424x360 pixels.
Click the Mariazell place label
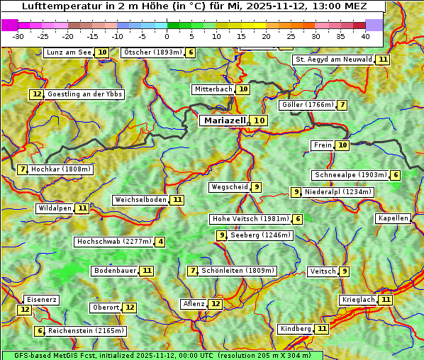click(x=225, y=120)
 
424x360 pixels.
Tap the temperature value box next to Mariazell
click(x=260, y=120)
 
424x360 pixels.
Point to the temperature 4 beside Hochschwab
click(x=161, y=242)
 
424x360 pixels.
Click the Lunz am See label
click(x=68, y=52)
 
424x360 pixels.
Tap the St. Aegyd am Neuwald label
click(x=333, y=60)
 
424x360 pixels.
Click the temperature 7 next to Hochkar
click(x=23, y=169)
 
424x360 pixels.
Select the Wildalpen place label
click(x=55, y=208)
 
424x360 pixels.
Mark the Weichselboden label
click(x=140, y=200)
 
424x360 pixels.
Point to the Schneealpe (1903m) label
click(x=350, y=175)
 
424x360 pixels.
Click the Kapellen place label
click(x=393, y=218)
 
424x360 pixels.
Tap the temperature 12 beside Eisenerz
click(x=25, y=309)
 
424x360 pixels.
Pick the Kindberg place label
click(x=296, y=329)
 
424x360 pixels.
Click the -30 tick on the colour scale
click(x=18, y=36)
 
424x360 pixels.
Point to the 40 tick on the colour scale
click(x=364, y=36)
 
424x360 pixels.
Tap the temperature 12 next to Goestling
click(x=36, y=94)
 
